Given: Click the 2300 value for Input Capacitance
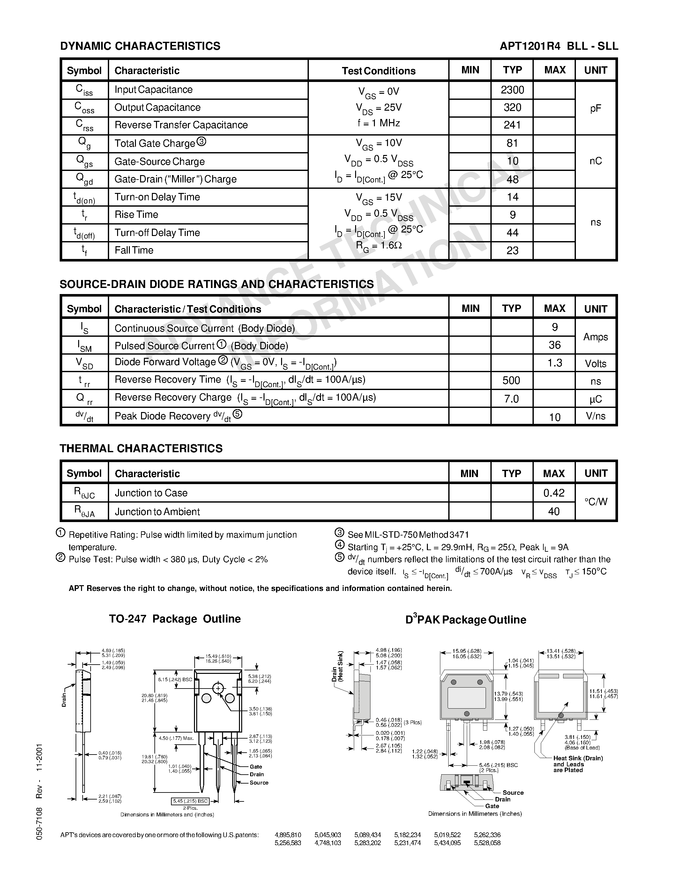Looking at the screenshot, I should tap(512, 90).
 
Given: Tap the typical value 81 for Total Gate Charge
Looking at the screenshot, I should tap(512, 144).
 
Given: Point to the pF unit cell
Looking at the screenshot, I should tap(595, 108).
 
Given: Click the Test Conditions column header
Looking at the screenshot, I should tap(378, 71).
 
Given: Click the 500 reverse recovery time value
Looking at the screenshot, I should tap(511, 380).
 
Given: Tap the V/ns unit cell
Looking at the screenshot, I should tap(595, 416).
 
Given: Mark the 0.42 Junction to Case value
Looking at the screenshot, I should tap(554, 493).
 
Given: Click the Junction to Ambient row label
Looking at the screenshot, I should tap(157, 512).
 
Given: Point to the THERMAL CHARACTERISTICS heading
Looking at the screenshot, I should tap(141, 448).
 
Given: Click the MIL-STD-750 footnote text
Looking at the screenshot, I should tap(408, 534).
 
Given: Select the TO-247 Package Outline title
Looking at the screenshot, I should tap(175, 619).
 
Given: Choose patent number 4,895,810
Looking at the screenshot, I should tap(287, 835).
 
